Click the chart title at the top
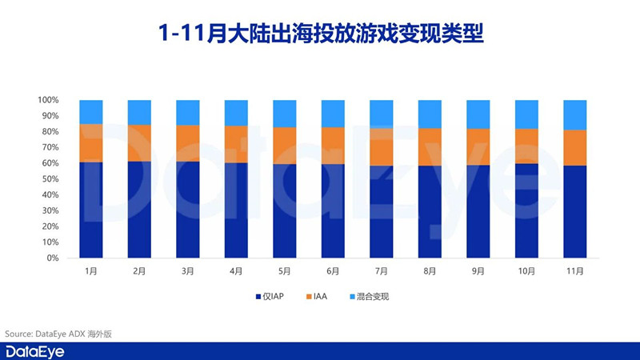point(320,34)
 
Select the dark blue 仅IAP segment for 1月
point(91,210)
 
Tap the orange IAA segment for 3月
point(188,143)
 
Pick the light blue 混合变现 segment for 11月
point(574,114)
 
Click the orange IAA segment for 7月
point(381,146)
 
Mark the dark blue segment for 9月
point(478,211)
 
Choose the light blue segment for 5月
point(285,113)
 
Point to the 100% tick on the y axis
point(48,100)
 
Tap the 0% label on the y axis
point(52,258)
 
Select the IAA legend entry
point(318,297)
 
